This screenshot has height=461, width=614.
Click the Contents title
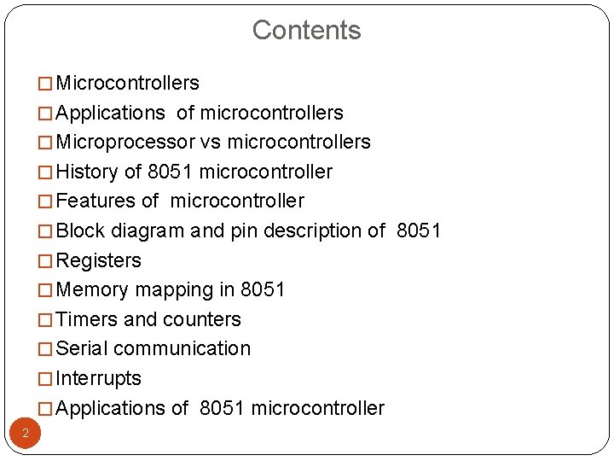[x=306, y=30]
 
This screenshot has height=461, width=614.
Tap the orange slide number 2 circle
[x=26, y=434]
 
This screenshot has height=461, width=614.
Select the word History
[x=87, y=172]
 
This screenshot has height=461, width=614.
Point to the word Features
[x=90, y=201]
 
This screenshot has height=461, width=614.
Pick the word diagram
[x=148, y=231]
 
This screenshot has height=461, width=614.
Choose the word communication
[x=182, y=348]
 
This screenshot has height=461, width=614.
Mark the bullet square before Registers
[x=45, y=261]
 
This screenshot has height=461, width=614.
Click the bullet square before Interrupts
[x=45, y=379]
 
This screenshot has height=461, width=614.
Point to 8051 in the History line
[x=169, y=172]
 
